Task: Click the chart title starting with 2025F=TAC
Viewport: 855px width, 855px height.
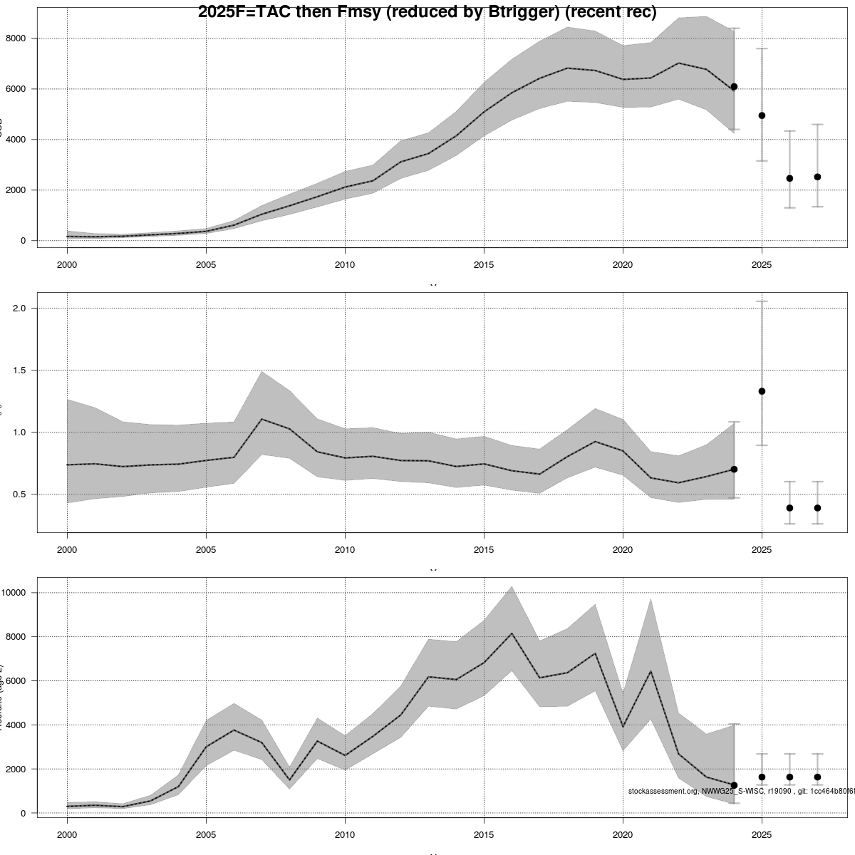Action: tap(427, 11)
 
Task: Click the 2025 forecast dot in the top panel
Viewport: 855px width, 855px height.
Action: tap(762, 115)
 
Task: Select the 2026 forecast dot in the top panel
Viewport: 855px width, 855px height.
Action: tap(789, 178)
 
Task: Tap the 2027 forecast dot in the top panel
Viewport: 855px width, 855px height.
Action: tap(817, 177)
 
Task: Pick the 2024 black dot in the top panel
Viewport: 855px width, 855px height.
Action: tap(734, 86)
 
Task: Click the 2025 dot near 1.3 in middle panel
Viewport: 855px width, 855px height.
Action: tap(762, 391)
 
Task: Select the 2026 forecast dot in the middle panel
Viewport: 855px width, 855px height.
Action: tap(789, 508)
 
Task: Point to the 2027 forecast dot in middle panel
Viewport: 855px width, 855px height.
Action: tap(817, 508)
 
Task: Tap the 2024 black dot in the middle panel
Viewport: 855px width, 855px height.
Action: tap(734, 469)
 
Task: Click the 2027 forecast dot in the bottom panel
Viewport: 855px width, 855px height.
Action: tap(817, 777)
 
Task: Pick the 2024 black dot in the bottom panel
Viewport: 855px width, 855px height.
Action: tap(734, 785)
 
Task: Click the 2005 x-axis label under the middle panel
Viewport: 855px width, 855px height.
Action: tap(206, 550)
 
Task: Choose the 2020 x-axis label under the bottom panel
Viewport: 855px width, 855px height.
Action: tap(623, 834)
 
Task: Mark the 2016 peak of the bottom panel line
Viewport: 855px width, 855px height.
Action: tap(512, 633)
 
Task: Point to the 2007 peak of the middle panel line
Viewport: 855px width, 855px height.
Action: tap(261, 419)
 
